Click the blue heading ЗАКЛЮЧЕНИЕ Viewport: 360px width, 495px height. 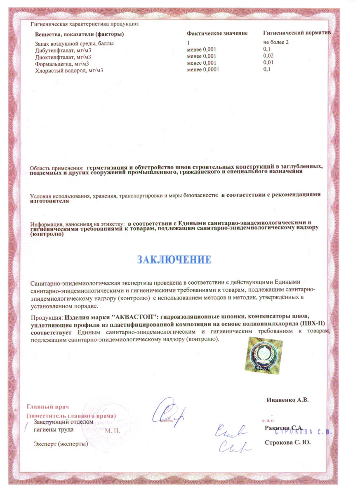pos(174,260)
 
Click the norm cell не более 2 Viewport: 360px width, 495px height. pos(278,42)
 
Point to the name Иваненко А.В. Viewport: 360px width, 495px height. pos(288,400)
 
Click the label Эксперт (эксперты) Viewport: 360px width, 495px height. pos(61,444)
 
